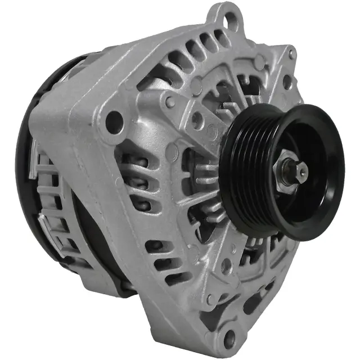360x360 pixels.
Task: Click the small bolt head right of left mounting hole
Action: tap(169, 102)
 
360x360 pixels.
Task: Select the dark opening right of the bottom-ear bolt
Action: tap(251, 304)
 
